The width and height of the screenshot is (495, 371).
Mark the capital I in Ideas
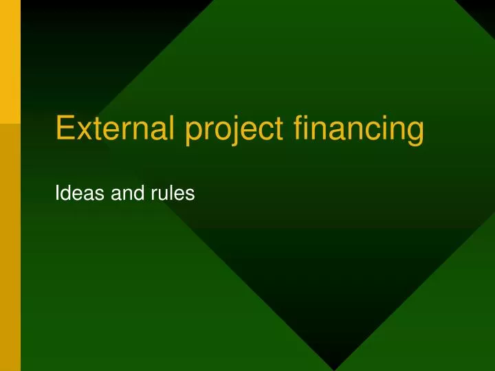[56, 195]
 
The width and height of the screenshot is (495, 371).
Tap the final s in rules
[190, 196]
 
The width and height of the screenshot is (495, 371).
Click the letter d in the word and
[137, 195]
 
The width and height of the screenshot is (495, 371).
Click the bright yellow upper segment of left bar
[10, 62]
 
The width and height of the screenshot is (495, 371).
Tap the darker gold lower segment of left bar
[10, 247]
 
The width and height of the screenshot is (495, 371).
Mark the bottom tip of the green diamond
[334, 369]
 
